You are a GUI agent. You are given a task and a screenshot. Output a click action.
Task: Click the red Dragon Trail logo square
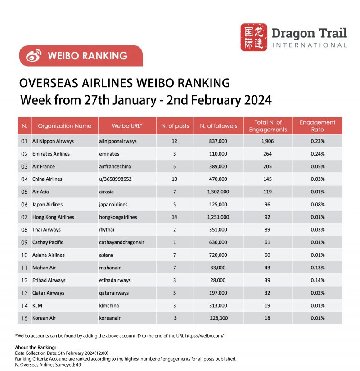tap(253, 37)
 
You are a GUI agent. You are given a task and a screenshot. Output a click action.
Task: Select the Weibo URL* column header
tap(127, 126)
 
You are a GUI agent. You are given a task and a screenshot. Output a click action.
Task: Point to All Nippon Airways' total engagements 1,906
tap(267, 141)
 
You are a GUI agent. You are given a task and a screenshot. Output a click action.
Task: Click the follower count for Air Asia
tap(218, 192)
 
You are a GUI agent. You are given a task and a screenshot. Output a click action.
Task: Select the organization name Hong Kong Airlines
tap(53, 217)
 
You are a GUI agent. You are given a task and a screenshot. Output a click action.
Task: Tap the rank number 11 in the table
tap(24, 268)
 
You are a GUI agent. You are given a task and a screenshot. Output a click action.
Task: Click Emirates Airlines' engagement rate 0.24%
tap(317, 154)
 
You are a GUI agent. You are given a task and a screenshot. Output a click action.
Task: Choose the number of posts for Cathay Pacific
tap(175, 242)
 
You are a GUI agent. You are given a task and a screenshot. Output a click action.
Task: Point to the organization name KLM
tap(37, 305)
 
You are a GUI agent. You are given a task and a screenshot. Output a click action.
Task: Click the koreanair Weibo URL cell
tap(110, 318)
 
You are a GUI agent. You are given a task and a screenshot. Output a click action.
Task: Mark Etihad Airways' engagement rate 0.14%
tap(317, 280)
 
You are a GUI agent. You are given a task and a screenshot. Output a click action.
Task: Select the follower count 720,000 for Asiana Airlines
tap(218, 255)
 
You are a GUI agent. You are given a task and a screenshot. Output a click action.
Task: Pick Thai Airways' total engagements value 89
tap(267, 229)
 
